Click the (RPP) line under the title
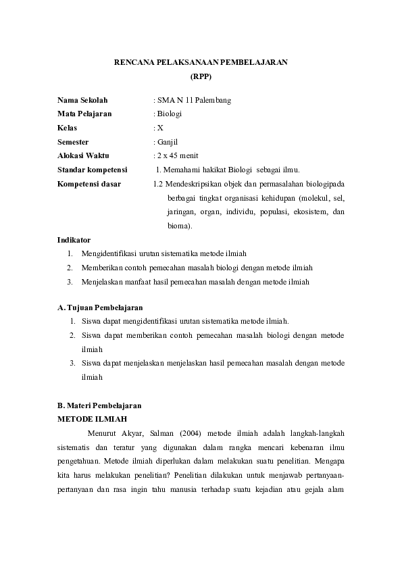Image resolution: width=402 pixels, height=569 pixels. [201, 76]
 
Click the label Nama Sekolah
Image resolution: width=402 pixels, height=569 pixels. [82, 100]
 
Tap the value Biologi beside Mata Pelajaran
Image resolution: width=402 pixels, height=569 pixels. [170, 114]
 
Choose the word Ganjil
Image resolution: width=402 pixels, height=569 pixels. [168, 141]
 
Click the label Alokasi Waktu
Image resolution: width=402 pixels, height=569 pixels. [83, 155]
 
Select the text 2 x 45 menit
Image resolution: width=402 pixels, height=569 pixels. [174, 155]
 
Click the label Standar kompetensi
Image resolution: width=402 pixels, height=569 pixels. [93, 170]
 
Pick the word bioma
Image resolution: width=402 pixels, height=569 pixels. [178, 226]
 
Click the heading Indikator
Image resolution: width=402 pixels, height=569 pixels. [74, 240]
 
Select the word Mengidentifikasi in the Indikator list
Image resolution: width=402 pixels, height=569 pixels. [109, 253]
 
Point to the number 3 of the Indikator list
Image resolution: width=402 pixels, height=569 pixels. [70, 282]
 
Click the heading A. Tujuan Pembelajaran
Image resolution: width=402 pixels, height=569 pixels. [100, 307]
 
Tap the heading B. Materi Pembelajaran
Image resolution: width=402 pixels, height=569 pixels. [99, 405]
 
